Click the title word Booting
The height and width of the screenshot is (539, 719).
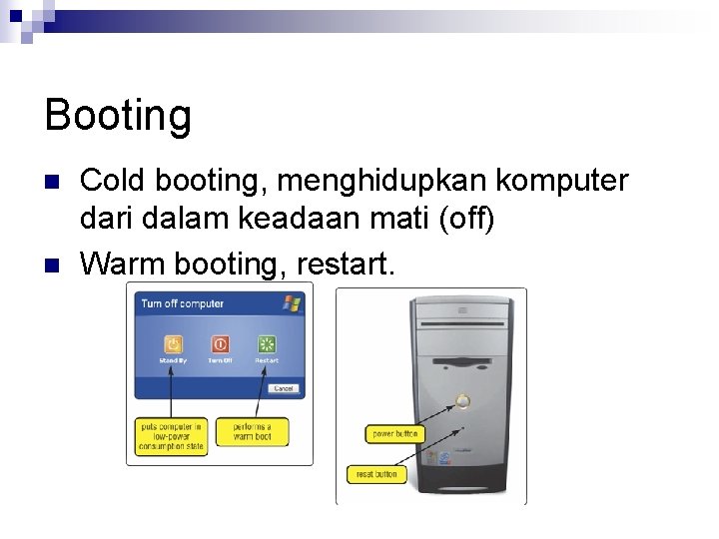tap(118, 116)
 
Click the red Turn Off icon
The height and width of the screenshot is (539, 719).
tap(220, 343)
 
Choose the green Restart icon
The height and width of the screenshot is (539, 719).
tap(267, 343)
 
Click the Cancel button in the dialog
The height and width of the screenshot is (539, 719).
tap(284, 388)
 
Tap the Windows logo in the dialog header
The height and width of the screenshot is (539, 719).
tap(292, 302)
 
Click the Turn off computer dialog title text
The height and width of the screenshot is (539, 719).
tap(182, 303)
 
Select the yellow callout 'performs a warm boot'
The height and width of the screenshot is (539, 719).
tap(252, 432)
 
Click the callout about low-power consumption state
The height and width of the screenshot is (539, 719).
tap(171, 436)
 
